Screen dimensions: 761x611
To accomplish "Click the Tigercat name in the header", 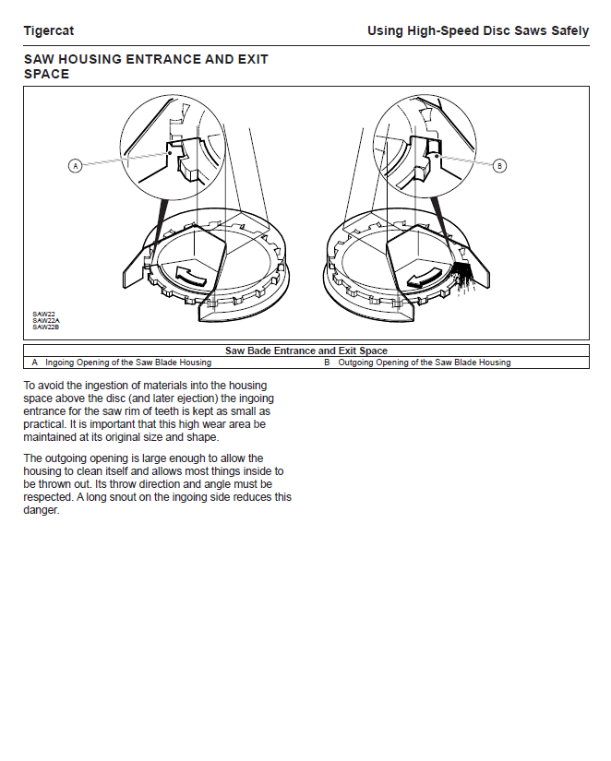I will [48, 30].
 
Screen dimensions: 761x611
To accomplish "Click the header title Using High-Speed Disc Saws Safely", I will [477, 30].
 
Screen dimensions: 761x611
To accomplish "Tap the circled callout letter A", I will [76, 166].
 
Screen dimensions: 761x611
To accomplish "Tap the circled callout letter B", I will [499, 166].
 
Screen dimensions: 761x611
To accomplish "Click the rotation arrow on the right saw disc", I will [421, 278].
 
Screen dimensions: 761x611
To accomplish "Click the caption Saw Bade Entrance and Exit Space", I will [305, 351].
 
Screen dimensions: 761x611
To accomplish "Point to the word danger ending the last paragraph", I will [41, 510].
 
